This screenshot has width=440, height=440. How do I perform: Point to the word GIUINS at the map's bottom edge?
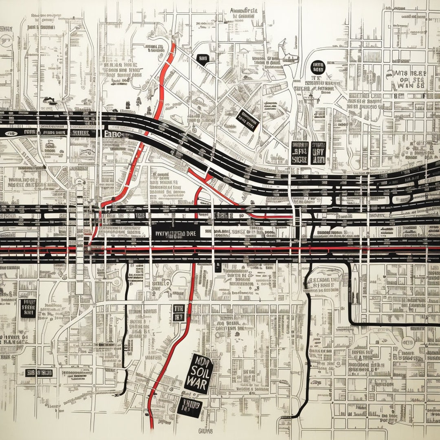click(x=205, y=431)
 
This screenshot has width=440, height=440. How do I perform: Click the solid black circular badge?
click(x=317, y=67)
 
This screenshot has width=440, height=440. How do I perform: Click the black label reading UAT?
click(x=318, y=153)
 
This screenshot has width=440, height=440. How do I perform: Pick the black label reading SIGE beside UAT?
click(x=299, y=153)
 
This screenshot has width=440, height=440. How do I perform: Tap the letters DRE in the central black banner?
click(x=189, y=234)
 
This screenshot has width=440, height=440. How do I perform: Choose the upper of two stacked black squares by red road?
click(x=178, y=308)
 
